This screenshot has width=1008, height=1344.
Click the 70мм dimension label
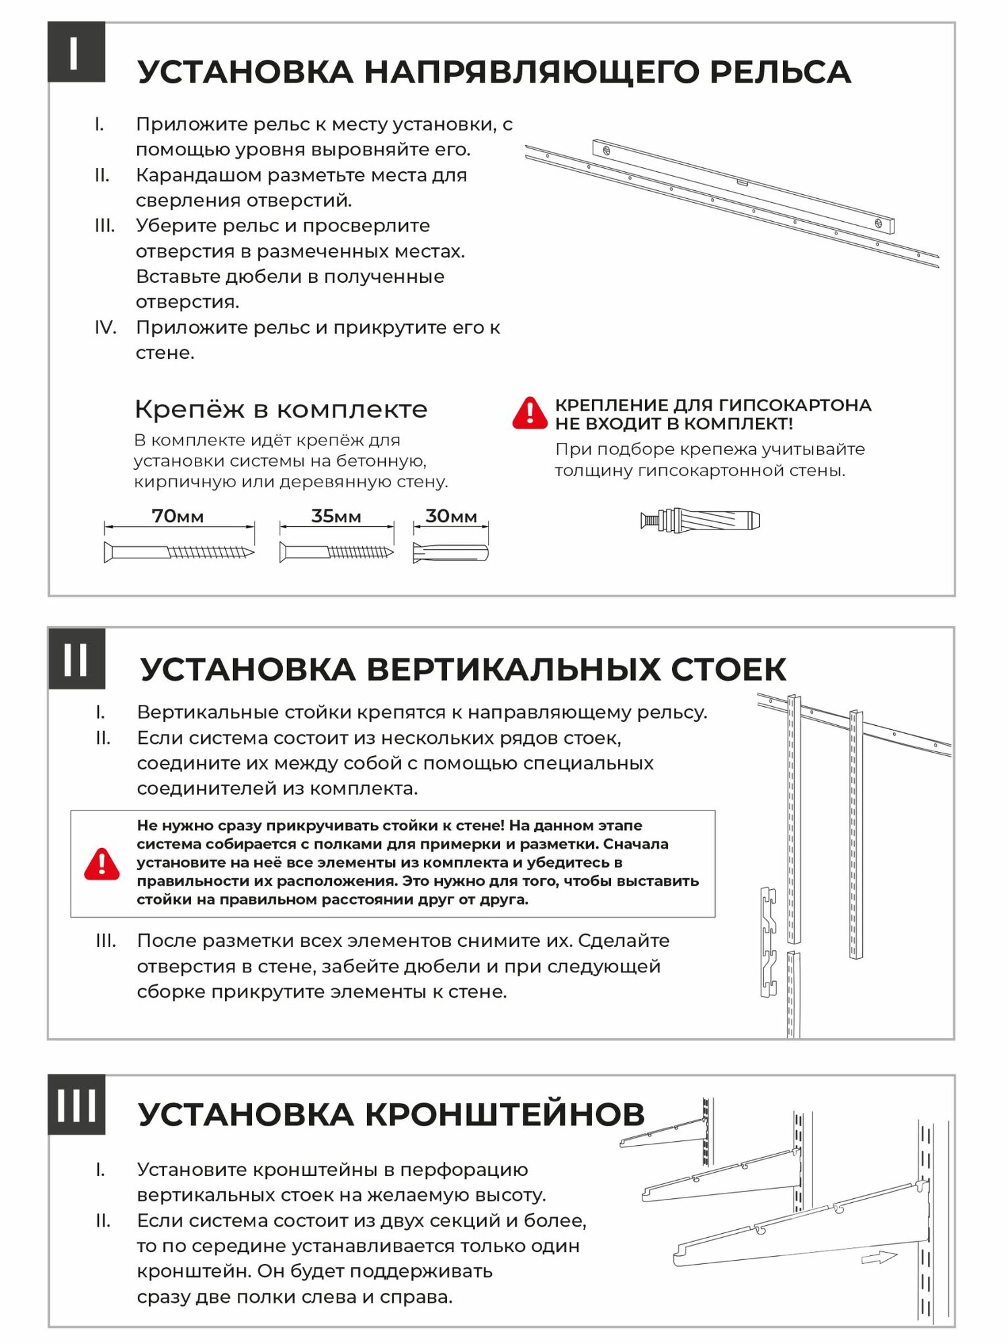pyautogui.click(x=177, y=516)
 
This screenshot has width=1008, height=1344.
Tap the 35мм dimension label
pyautogui.click(x=336, y=516)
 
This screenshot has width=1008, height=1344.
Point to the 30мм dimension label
pyautogui.click(x=451, y=516)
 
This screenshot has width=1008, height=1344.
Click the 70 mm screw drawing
pyautogui.click(x=179, y=552)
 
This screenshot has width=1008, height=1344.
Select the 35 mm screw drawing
pyautogui.click(x=336, y=552)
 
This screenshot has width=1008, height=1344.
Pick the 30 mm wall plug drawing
pyautogui.click(x=451, y=552)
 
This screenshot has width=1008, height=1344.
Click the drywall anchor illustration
pyautogui.click(x=700, y=520)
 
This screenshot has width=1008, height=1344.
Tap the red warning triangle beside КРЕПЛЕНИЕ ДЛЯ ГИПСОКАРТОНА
pyautogui.click(x=530, y=413)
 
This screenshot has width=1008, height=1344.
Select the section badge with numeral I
pyautogui.click(x=76, y=52)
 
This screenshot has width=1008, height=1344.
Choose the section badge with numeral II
pyautogui.click(x=76, y=659)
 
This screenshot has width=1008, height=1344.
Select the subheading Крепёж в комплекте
pyautogui.click(x=281, y=409)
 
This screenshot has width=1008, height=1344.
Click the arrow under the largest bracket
pyautogui.click(x=879, y=1257)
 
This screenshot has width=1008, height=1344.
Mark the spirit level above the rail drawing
pyautogui.click(x=743, y=186)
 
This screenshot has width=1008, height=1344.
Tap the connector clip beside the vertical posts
pyautogui.click(x=768, y=941)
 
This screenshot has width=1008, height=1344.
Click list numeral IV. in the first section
pyautogui.click(x=105, y=328)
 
